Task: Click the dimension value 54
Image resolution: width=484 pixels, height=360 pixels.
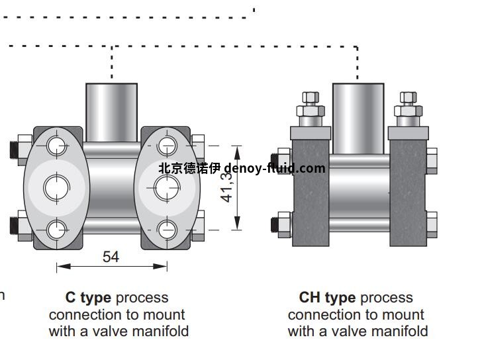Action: tap(111, 257)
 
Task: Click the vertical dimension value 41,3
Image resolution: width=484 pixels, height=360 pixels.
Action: tap(228, 184)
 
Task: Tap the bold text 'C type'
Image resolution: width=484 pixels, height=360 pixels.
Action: tap(88, 298)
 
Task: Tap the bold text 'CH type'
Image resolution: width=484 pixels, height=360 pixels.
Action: tap(327, 298)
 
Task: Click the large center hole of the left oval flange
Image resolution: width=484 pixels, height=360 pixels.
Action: tap(56, 187)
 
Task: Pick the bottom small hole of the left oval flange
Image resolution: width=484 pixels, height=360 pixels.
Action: tap(57, 230)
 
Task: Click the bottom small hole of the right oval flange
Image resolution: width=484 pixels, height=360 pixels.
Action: tap(166, 230)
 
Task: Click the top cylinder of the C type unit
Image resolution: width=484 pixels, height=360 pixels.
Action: tap(111, 111)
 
